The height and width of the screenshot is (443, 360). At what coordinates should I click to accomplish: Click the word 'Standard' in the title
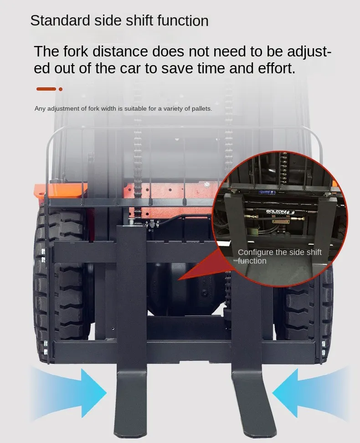click(60, 20)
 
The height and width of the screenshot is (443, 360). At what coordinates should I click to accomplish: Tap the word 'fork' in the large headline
click(76, 51)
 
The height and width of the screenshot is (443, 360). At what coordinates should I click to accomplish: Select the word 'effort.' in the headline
click(277, 68)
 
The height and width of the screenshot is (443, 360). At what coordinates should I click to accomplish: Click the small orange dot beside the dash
click(61, 89)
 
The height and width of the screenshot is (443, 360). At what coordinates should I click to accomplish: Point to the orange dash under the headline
click(46, 89)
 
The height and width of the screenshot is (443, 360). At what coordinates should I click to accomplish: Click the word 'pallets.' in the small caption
click(202, 109)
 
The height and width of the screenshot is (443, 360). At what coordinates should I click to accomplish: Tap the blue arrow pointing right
click(69, 393)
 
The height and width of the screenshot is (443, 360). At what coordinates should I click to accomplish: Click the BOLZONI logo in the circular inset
click(280, 212)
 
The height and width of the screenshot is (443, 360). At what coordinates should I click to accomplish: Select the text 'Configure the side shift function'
click(279, 256)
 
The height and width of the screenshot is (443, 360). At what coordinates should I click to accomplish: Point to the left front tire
click(61, 283)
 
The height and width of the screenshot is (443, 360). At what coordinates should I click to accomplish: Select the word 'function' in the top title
click(183, 20)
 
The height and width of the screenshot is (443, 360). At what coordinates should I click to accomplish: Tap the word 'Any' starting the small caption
click(40, 109)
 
